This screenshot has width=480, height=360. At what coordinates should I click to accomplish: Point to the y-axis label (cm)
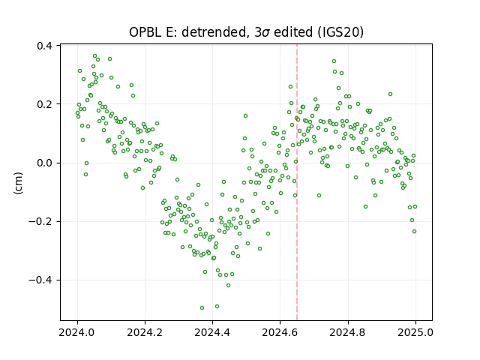[18, 183]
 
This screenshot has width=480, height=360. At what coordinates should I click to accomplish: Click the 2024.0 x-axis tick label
[77, 332]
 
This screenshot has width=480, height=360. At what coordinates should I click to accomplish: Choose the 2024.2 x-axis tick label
[145, 332]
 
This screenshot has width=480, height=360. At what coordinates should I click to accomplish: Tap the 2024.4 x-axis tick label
[212, 332]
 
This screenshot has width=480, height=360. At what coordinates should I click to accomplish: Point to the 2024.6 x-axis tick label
[280, 332]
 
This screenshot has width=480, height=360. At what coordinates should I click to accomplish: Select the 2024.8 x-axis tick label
[348, 332]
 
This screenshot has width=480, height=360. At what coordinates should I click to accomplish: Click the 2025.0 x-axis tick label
[415, 332]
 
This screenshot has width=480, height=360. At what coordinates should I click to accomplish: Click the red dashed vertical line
[297, 182]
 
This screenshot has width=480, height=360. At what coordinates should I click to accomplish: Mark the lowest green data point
[202, 307]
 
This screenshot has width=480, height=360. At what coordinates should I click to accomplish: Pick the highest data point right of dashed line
[334, 61]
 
